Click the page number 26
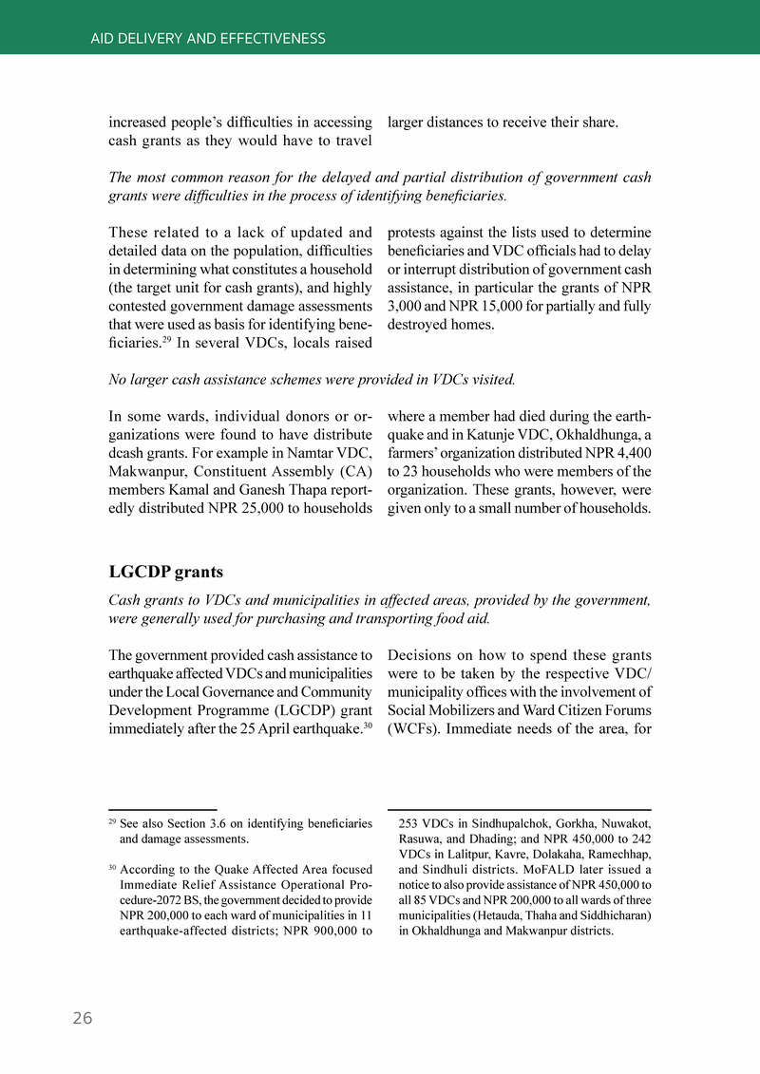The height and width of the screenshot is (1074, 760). (x=83, y=1018)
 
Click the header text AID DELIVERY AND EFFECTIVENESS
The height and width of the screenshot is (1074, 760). (x=208, y=39)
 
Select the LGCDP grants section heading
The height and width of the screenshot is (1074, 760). (x=166, y=572)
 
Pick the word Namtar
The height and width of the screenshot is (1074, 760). (x=295, y=453)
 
